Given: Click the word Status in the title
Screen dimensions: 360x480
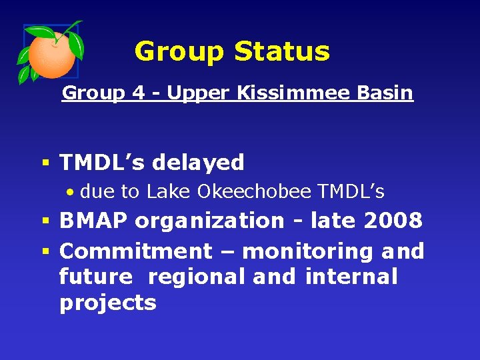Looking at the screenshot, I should point(287,51).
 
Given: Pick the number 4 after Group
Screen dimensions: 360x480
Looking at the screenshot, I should point(139,93).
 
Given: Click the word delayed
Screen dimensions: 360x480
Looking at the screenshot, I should point(199,162).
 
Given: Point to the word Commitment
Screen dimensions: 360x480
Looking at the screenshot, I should point(135,251).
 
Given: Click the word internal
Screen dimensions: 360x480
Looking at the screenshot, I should point(351,276).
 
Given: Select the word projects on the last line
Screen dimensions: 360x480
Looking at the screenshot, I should point(107,303).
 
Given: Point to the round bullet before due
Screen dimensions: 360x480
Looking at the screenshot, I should point(70,193).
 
